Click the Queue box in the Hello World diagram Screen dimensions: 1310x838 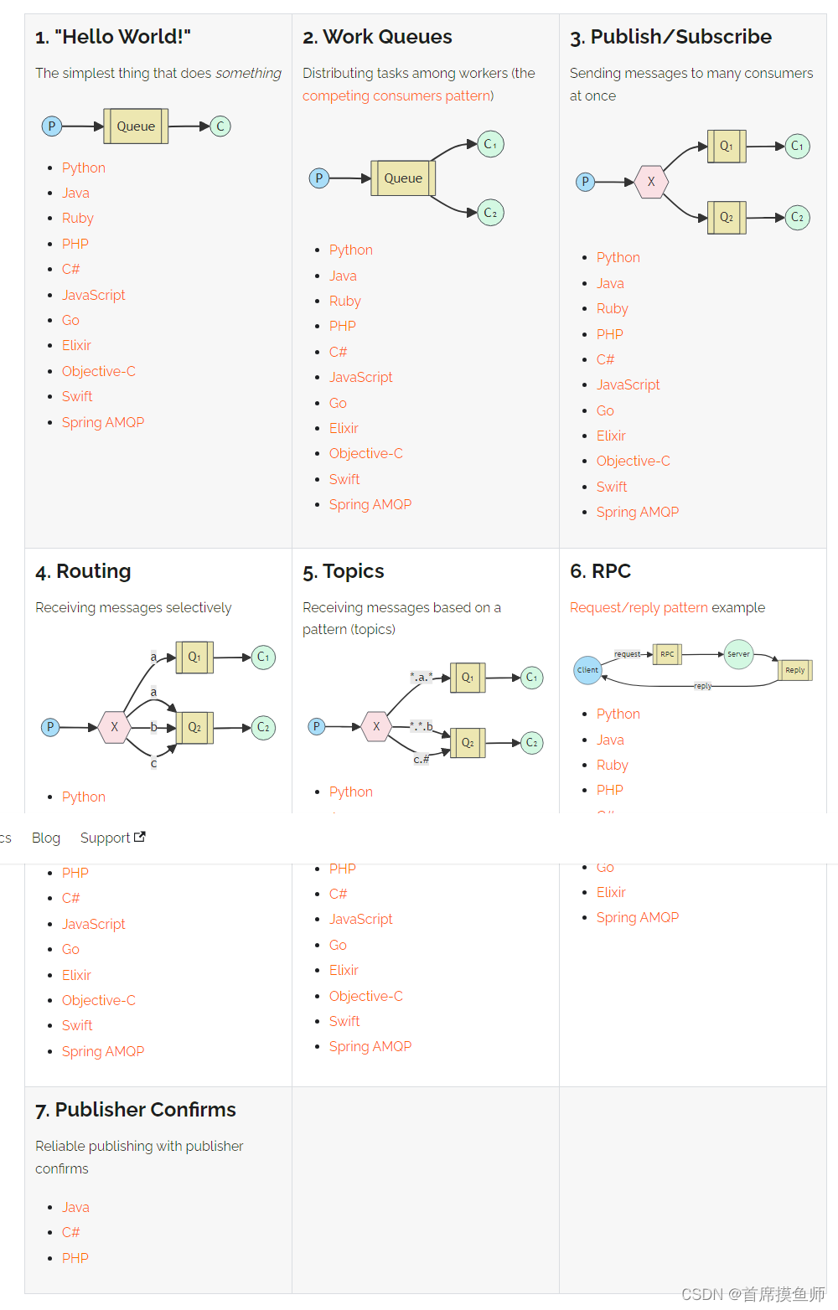(136, 126)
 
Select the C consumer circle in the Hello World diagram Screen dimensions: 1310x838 (220, 126)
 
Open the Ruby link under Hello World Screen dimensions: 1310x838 (77, 218)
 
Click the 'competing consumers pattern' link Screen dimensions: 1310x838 (397, 95)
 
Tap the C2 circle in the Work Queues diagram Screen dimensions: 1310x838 (490, 213)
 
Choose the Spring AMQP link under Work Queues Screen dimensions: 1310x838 (370, 504)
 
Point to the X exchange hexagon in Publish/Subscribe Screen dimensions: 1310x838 (650, 182)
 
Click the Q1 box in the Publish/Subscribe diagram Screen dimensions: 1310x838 (726, 147)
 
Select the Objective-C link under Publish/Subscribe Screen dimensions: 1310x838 (633, 461)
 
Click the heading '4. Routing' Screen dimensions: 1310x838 (83, 571)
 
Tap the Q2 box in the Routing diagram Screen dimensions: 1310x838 (194, 728)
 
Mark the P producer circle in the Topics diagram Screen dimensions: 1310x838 (317, 726)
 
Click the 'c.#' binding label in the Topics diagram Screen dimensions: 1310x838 (421, 759)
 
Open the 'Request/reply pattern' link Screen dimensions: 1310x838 (639, 607)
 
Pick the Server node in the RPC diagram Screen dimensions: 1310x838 (738, 654)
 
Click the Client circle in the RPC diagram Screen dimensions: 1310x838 (587, 670)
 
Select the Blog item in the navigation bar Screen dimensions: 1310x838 (46, 838)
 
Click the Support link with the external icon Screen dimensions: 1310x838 (112, 838)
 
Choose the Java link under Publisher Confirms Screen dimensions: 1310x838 (75, 1207)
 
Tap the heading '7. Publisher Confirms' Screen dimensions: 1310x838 (136, 1110)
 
